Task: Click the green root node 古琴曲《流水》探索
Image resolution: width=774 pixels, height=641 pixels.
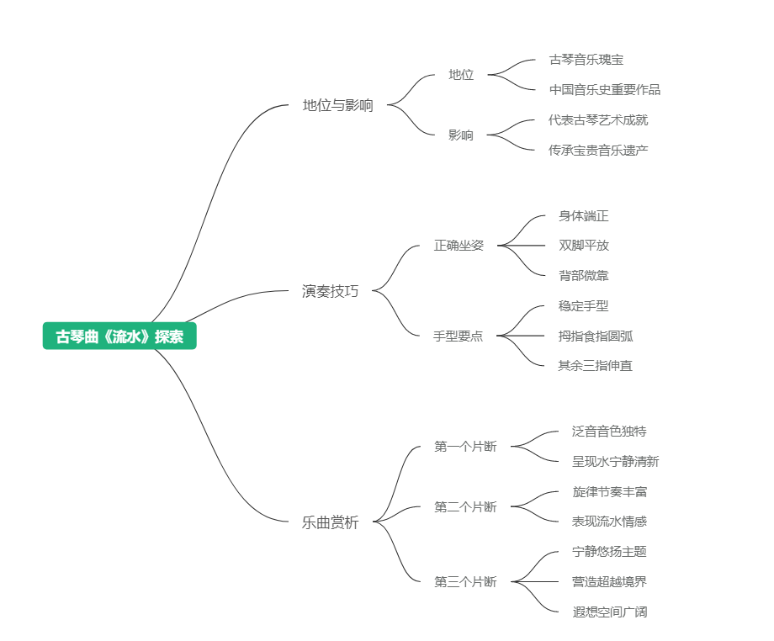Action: pyautogui.click(x=119, y=336)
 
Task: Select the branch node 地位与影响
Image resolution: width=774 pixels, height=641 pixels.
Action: pyautogui.click(x=337, y=105)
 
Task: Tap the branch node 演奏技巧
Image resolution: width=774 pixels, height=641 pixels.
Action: pyautogui.click(x=330, y=291)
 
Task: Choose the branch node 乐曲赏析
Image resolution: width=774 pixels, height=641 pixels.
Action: pyautogui.click(x=330, y=522)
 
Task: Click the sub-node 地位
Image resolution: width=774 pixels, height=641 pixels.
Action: pyautogui.click(x=461, y=75)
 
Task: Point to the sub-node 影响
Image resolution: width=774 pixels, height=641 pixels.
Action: pyautogui.click(x=461, y=135)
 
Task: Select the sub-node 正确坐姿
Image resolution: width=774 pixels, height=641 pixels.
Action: pyautogui.click(x=459, y=246)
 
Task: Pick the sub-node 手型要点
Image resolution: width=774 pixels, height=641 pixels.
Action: pyautogui.click(x=459, y=336)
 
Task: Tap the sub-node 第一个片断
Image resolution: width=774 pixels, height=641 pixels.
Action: pyautogui.click(x=465, y=447)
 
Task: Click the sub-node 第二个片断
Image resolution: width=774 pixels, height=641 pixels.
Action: pyautogui.click(x=465, y=506)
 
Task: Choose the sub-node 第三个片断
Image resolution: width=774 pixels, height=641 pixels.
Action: pyautogui.click(x=465, y=581)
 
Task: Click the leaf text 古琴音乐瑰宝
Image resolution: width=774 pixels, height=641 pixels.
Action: pyautogui.click(x=586, y=60)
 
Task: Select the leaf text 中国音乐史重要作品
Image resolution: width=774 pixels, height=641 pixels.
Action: pyautogui.click(x=604, y=90)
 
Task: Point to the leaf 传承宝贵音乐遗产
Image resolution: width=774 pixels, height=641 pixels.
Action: pyautogui.click(x=598, y=150)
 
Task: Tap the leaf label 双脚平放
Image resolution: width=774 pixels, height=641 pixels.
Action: pyautogui.click(x=583, y=246)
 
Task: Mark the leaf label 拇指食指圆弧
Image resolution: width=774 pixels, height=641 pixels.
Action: pyautogui.click(x=596, y=336)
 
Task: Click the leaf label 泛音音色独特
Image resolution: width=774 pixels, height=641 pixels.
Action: pyautogui.click(x=609, y=432)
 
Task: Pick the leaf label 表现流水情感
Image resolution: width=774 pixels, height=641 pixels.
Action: pyautogui.click(x=609, y=522)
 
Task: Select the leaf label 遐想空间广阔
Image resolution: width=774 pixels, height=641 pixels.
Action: pyautogui.click(x=609, y=612)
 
